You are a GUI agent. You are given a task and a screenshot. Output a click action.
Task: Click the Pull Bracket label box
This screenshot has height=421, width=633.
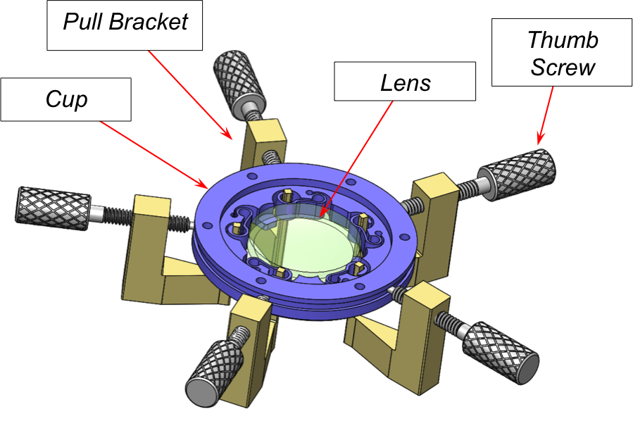click(x=125, y=24)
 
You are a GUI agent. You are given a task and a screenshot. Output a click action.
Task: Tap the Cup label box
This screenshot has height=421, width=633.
click(x=66, y=99)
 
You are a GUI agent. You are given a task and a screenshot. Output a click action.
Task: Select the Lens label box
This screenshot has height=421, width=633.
click(x=405, y=84)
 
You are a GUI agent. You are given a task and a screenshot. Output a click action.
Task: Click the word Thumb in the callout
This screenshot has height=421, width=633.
click(x=562, y=39)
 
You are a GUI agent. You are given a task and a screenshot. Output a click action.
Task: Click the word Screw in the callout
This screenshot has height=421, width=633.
click(x=563, y=68)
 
